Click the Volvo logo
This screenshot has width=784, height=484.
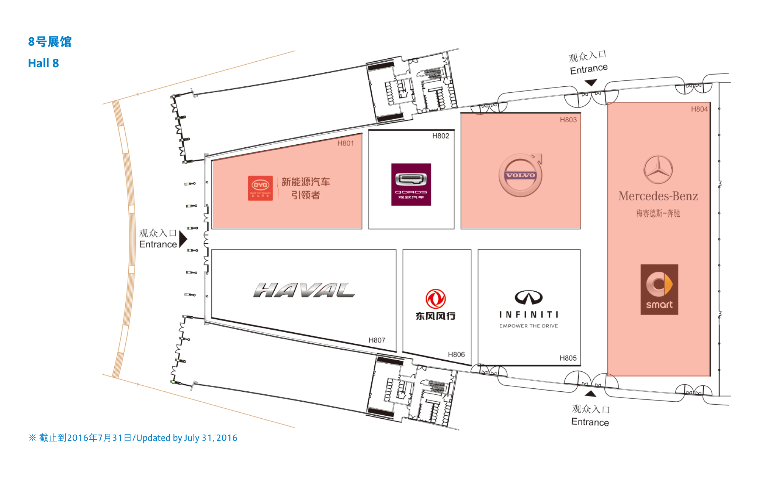[520, 175]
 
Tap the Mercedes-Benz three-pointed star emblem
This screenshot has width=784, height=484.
[658, 169]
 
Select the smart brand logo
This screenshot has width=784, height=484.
[659, 289]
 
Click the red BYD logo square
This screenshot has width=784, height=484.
[260, 188]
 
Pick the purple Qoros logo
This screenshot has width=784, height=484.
[411, 184]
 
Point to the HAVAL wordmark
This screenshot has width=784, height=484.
[304, 290]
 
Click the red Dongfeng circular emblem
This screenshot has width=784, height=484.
[436, 299]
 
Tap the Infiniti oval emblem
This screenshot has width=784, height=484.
[528, 297]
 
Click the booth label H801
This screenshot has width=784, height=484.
[346, 143]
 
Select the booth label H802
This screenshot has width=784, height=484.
[441, 136]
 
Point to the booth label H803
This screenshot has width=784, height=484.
[568, 120]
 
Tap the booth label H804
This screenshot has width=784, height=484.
[699, 109]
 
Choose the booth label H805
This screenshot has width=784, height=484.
[568, 358]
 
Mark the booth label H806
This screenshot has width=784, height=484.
[456, 354]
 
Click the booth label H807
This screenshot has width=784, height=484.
[377, 340]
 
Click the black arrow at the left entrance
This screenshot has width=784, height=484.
[183, 239]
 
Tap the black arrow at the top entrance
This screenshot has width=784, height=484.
[591, 83]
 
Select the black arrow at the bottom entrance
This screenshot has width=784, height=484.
[590, 394]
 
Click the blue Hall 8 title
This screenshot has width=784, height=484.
[44, 63]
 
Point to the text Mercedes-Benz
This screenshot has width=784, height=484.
[658, 196]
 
